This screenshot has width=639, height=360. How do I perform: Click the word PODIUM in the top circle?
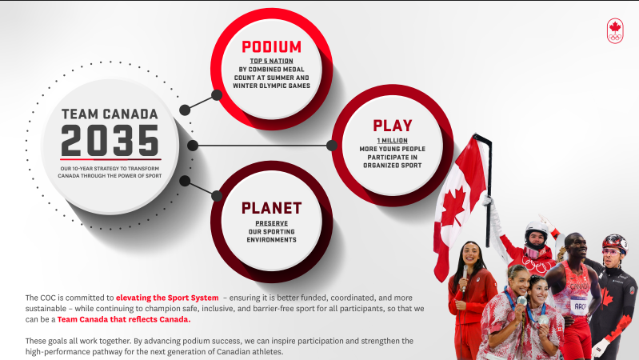pyautogui.click(x=272, y=47)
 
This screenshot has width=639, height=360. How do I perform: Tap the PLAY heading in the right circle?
pyautogui.click(x=393, y=126)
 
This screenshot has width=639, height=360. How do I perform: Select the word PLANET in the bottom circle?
pyautogui.click(x=272, y=208)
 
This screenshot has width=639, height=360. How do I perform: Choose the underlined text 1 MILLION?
pyautogui.click(x=393, y=140)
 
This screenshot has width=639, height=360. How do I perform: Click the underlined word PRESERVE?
pyautogui.click(x=272, y=223)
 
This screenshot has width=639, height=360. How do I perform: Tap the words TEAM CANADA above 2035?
pyautogui.click(x=110, y=114)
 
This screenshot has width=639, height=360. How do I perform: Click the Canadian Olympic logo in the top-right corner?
pyautogui.click(x=614, y=31)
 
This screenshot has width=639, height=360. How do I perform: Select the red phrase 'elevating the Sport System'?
pyautogui.click(x=166, y=298)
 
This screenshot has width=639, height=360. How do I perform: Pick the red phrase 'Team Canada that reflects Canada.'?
pyautogui.click(x=124, y=319)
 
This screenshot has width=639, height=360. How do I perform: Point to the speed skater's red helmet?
pyautogui.click(x=614, y=242)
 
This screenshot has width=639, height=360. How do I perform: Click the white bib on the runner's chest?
pyautogui.click(x=579, y=305)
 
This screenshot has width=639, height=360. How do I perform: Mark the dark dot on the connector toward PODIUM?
pyautogui.click(x=185, y=109)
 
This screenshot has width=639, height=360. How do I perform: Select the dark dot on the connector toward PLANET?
pyautogui.click(x=185, y=181)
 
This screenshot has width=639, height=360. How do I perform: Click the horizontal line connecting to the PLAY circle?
pyautogui.click(x=264, y=146)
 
